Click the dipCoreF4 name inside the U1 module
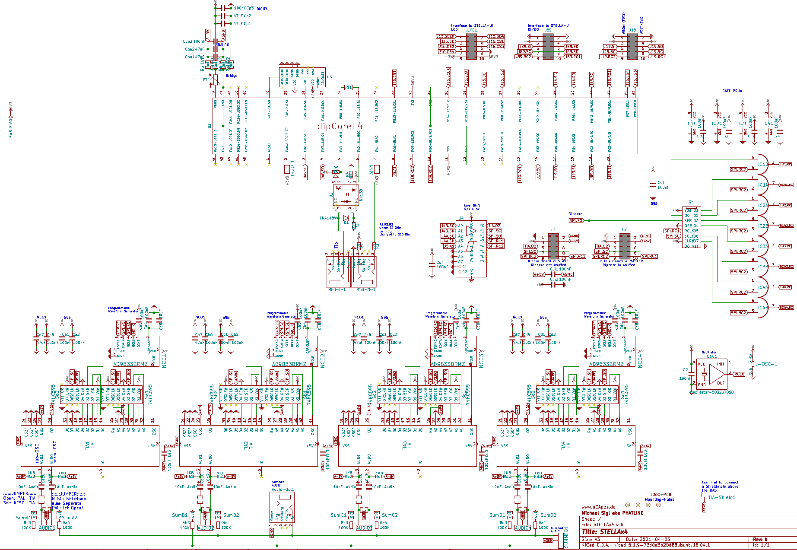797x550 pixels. click(x=340, y=126)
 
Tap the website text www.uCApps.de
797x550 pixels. click(x=598, y=507)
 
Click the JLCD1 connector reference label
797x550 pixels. click(x=471, y=30)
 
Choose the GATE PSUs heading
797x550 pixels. click(x=732, y=91)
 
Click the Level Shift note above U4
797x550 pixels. click(x=472, y=207)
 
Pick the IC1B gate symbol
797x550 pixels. click(x=763, y=164)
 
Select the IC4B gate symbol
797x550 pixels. click(x=763, y=308)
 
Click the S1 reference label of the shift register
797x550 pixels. click(x=691, y=202)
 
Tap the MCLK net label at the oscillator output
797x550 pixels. click(x=739, y=374)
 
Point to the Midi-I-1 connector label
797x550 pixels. click(x=337, y=289)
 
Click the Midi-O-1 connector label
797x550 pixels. click(x=365, y=289)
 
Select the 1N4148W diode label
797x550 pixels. click(x=328, y=218)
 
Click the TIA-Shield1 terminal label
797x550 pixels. click(x=721, y=497)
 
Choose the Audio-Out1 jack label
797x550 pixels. click(x=283, y=490)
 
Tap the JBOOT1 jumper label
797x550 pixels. click(x=292, y=168)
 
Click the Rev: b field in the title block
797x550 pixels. click(x=760, y=539)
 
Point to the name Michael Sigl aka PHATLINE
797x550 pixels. click(x=612, y=513)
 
